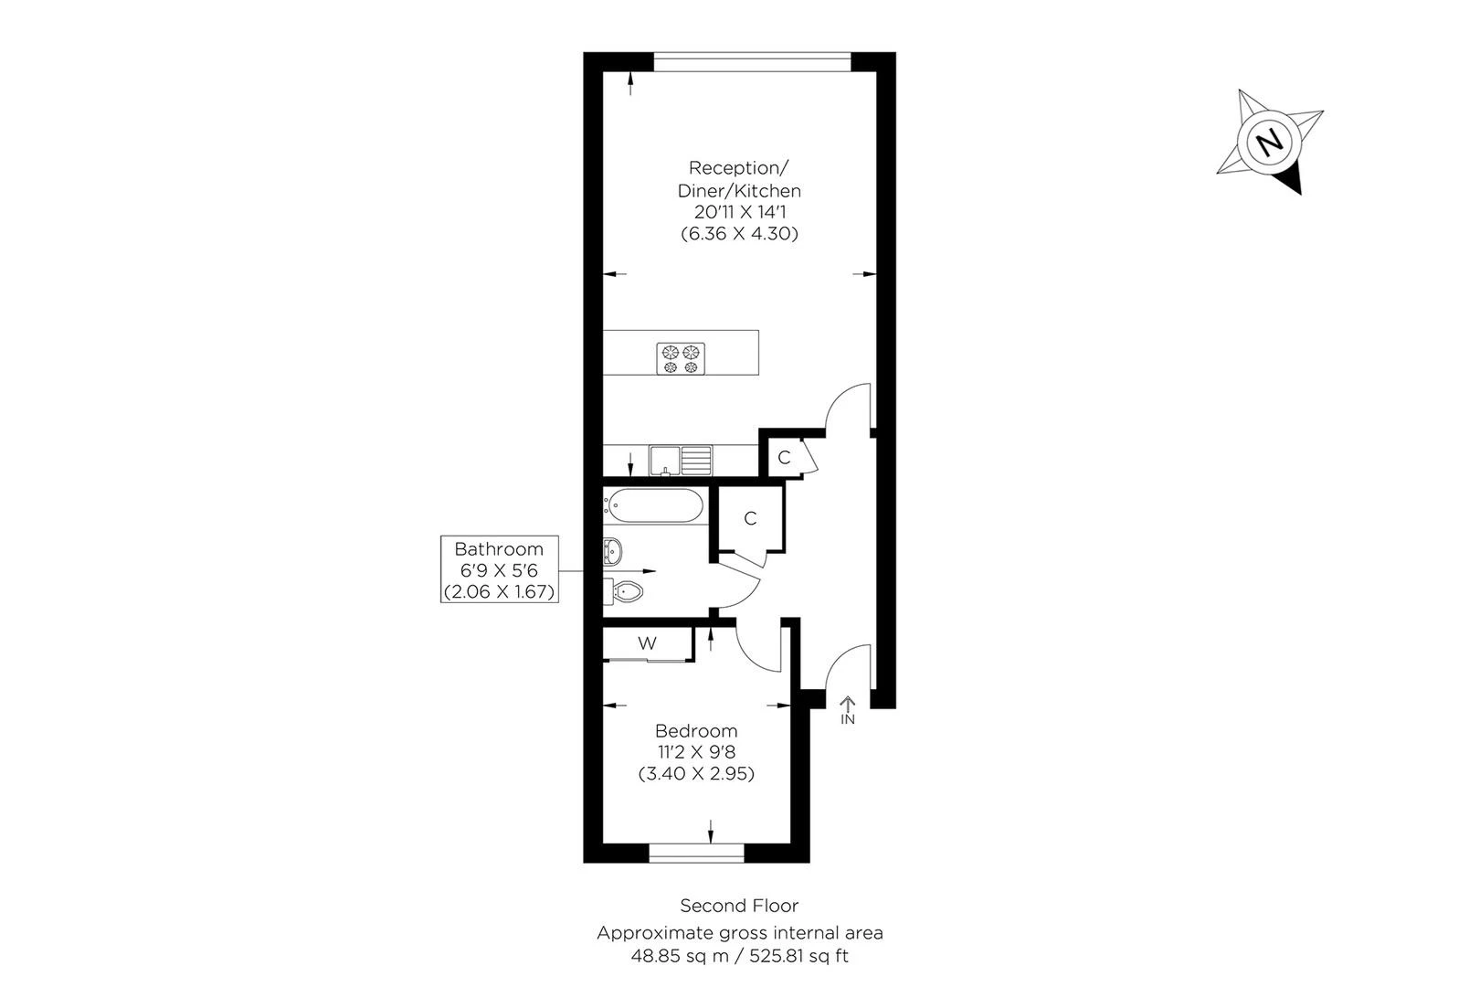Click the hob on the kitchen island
681,357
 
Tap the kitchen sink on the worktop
680,460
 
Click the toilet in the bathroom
628,591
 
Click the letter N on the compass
1268,143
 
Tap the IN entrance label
848,720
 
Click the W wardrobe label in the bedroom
647,643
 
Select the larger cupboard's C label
750,519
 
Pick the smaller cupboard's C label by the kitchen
784,458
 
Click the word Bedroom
696,731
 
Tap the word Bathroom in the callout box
499,549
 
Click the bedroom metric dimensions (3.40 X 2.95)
696,773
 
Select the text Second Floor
739,906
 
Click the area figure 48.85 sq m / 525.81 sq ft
739,957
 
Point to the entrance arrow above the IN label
848,703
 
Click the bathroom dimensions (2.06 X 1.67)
499,591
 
